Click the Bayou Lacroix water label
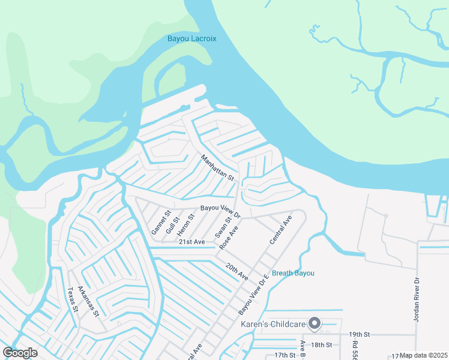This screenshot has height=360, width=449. click(191, 39)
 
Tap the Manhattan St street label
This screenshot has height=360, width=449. click(217, 169)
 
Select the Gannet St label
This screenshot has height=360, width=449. click(161, 221)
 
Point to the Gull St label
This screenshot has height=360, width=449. click(175, 224)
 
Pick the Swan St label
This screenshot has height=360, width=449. click(223, 227)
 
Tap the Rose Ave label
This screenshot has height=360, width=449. click(229, 238)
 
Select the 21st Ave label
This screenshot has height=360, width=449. click(192, 241)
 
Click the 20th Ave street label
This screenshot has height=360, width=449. click(237, 271)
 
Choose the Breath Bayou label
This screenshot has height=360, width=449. click(293, 273)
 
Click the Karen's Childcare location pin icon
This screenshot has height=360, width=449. click(315, 324)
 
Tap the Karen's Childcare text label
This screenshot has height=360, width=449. click(273, 325)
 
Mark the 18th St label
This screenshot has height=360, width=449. click(322, 344)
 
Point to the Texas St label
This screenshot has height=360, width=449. click(73, 299)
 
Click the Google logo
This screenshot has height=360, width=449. click(20, 353)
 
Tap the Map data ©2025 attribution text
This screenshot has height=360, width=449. click(424, 355)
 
